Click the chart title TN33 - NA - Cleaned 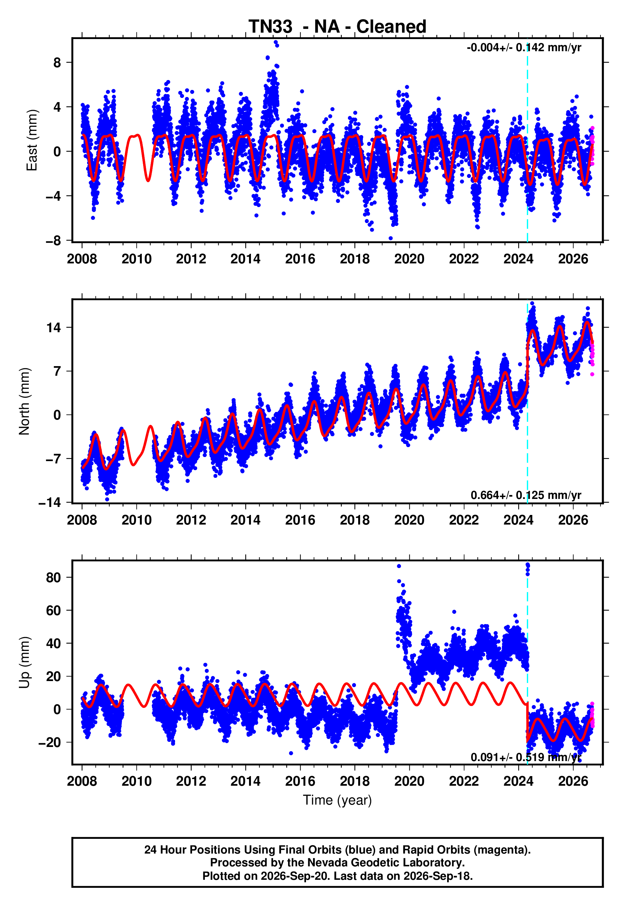337,27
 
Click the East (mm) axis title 31,140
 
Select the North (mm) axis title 24,401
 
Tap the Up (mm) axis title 24,662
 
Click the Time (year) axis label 337,800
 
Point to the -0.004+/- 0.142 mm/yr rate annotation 524,48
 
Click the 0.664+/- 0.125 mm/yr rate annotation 526,495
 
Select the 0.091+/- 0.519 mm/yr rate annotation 526,757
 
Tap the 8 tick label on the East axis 57,62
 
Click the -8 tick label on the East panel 53,241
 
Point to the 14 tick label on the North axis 54,327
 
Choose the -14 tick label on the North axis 50,503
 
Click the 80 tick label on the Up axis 53,577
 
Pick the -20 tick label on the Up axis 50,742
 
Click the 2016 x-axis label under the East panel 300,259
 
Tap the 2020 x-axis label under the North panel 409,520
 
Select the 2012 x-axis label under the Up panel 191,781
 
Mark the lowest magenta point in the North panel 592,374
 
